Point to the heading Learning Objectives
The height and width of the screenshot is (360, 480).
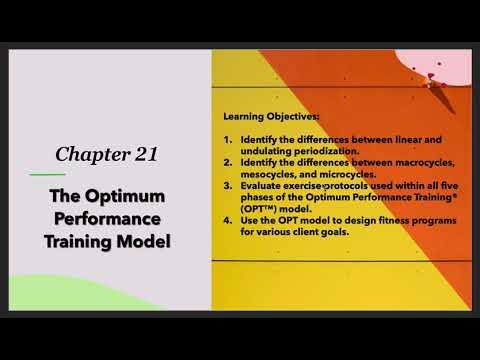pyautogui.click(x=263, y=115)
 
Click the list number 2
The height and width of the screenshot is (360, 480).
pyautogui.click(x=228, y=161)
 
